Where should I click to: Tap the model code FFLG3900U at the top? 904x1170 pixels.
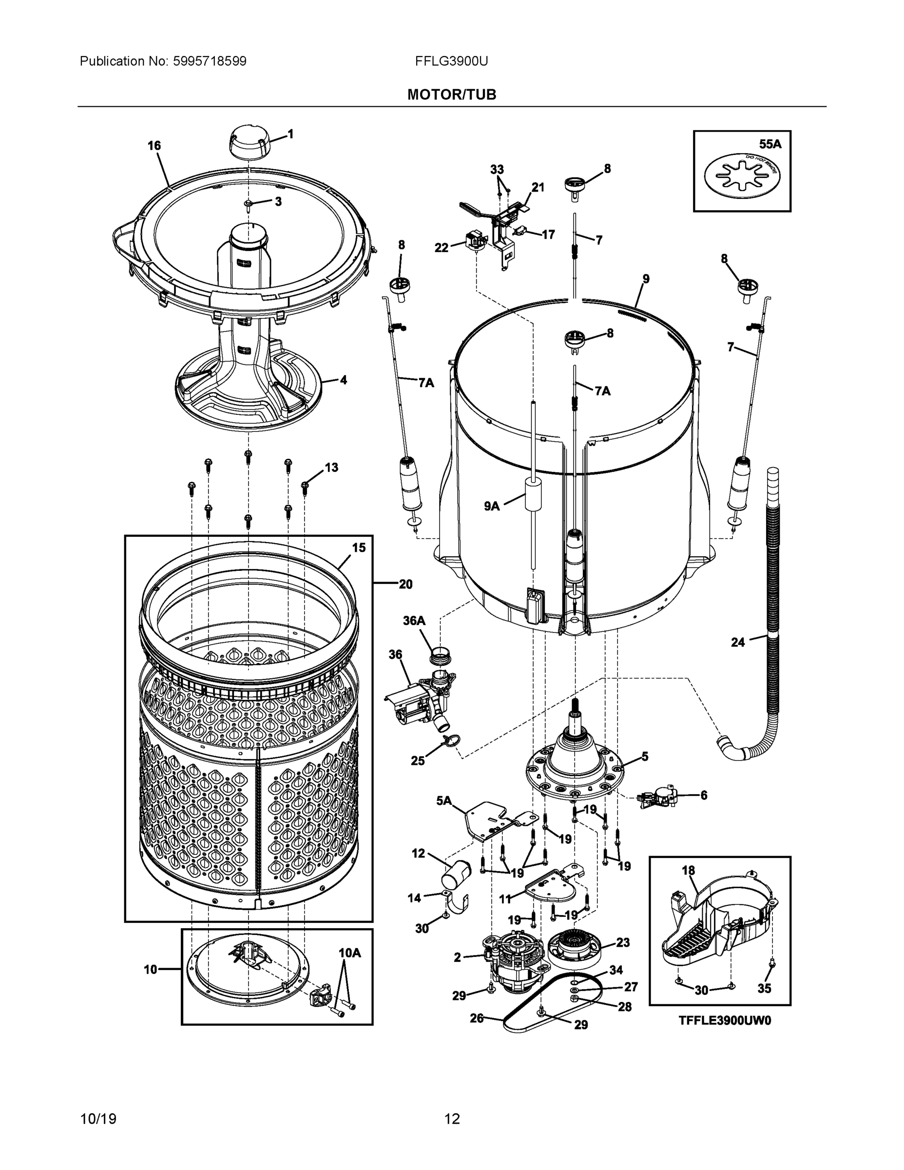(x=451, y=61)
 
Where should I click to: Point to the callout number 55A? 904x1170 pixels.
(x=770, y=144)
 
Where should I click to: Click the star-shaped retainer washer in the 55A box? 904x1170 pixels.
(x=742, y=174)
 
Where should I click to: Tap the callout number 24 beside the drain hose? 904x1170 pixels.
(x=737, y=642)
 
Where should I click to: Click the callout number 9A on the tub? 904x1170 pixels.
(x=492, y=506)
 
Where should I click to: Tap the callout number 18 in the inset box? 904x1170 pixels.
(x=688, y=871)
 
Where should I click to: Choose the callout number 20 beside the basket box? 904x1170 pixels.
(x=405, y=584)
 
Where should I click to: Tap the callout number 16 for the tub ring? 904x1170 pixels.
(x=154, y=146)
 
